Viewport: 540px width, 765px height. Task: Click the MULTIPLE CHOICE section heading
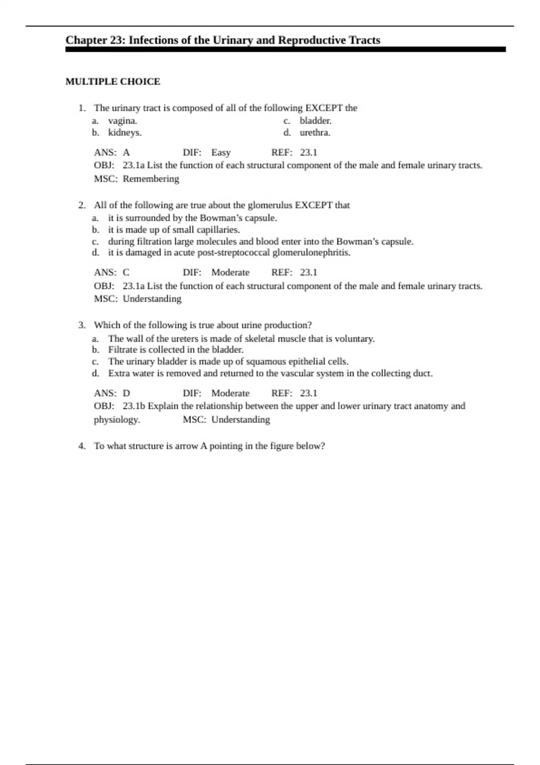112,81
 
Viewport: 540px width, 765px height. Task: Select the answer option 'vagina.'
122,121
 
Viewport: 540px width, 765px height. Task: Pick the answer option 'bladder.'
315,121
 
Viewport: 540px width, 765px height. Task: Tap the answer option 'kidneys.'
125,133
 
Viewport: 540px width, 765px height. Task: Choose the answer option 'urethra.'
315,133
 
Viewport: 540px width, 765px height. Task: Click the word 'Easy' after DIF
221,153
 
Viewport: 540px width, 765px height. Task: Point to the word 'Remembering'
151,179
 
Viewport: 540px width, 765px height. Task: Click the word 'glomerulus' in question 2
270,205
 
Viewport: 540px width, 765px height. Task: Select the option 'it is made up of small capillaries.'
174,229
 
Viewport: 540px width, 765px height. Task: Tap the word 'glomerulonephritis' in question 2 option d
311,252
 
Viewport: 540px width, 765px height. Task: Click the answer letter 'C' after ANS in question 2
126,272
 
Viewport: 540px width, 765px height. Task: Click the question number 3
81,325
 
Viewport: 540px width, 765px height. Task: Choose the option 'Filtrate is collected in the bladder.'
175,350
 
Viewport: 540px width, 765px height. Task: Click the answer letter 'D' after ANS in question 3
126,393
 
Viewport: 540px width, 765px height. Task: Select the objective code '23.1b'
134,406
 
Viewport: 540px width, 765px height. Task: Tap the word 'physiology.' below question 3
117,420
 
